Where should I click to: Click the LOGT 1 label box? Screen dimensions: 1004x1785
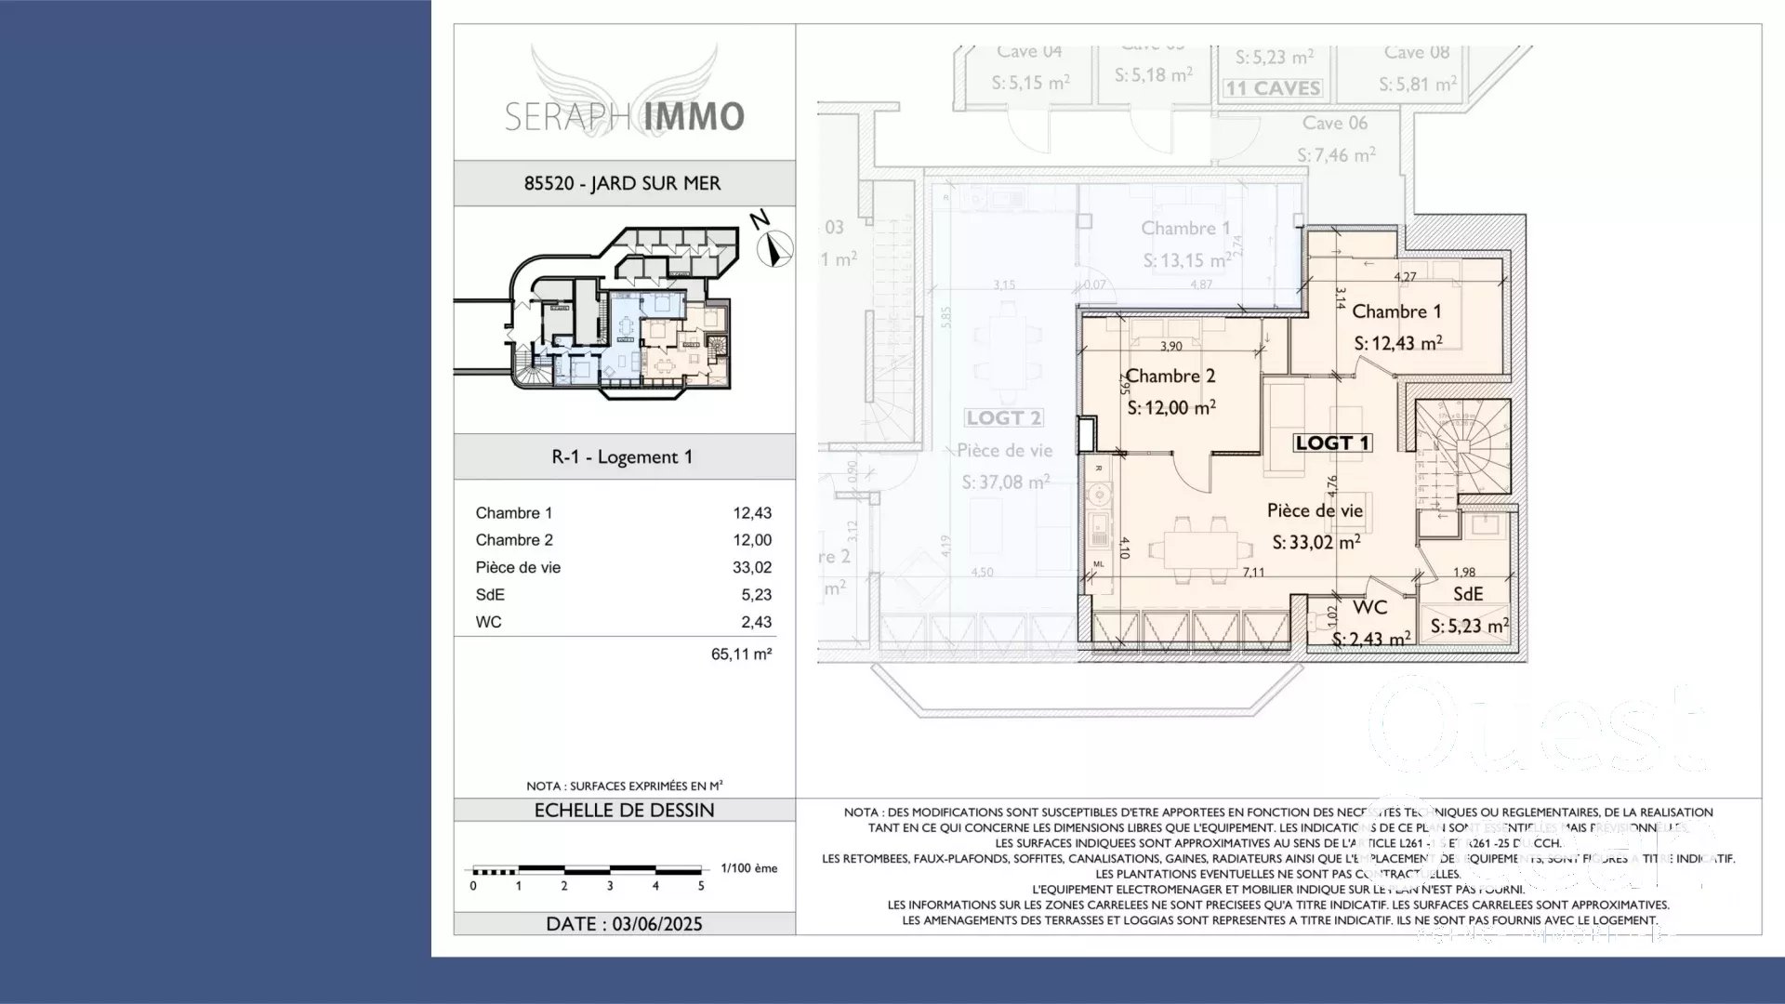point(1333,443)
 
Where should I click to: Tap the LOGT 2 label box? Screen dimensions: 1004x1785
point(1003,418)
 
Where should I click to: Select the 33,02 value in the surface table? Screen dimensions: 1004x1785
point(751,567)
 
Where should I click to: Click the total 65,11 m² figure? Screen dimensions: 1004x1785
point(741,654)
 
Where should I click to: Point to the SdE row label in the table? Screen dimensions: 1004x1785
point(490,595)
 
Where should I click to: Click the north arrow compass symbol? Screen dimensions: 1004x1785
point(773,248)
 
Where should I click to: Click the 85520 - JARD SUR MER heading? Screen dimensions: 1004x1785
point(623,183)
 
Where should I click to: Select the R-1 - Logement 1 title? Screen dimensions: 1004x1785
point(622,456)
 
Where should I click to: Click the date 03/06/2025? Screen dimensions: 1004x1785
point(656,923)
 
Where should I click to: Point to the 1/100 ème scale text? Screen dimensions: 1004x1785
point(748,868)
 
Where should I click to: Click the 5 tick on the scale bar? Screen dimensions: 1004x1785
point(701,886)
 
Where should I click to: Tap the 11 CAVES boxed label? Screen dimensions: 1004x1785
point(1273,88)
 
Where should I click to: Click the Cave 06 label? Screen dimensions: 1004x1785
point(1334,123)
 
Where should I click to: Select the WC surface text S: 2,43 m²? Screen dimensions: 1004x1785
point(1370,640)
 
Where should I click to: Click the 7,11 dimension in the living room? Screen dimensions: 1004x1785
point(1253,572)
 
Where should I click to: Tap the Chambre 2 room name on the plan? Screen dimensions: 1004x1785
point(1170,376)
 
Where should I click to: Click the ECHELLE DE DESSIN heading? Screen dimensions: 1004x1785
point(624,810)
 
